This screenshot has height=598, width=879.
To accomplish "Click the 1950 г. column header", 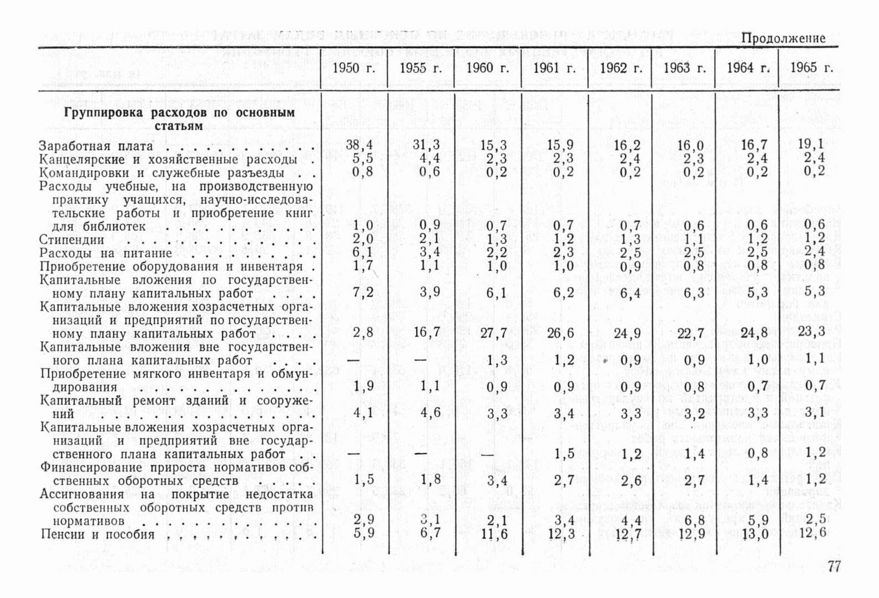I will pyautogui.click(x=354, y=69).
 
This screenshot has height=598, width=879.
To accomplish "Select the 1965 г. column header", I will pyautogui.click(x=811, y=68).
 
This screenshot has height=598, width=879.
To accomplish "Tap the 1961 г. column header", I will pyautogui.click(x=554, y=69).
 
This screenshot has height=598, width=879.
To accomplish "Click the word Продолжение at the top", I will pyautogui.click(x=783, y=38).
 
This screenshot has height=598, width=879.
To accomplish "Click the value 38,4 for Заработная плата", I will pyautogui.click(x=360, y=145).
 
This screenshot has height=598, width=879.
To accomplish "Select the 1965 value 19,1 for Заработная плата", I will pyautogui.click(x=811, y=144).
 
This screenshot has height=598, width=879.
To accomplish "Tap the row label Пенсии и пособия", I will pyautogui.click(x=98, y=535).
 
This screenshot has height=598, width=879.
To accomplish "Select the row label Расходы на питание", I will pyautogui.click(x=106, y=254).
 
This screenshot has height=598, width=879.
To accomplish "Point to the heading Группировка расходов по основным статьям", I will pyautogui.click(x=179, y=119).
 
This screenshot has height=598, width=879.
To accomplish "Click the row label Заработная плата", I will pyautogui.click(x=96, y=146).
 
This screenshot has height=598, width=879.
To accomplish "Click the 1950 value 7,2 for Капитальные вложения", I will pyautogui.click(x=363, y=292).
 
